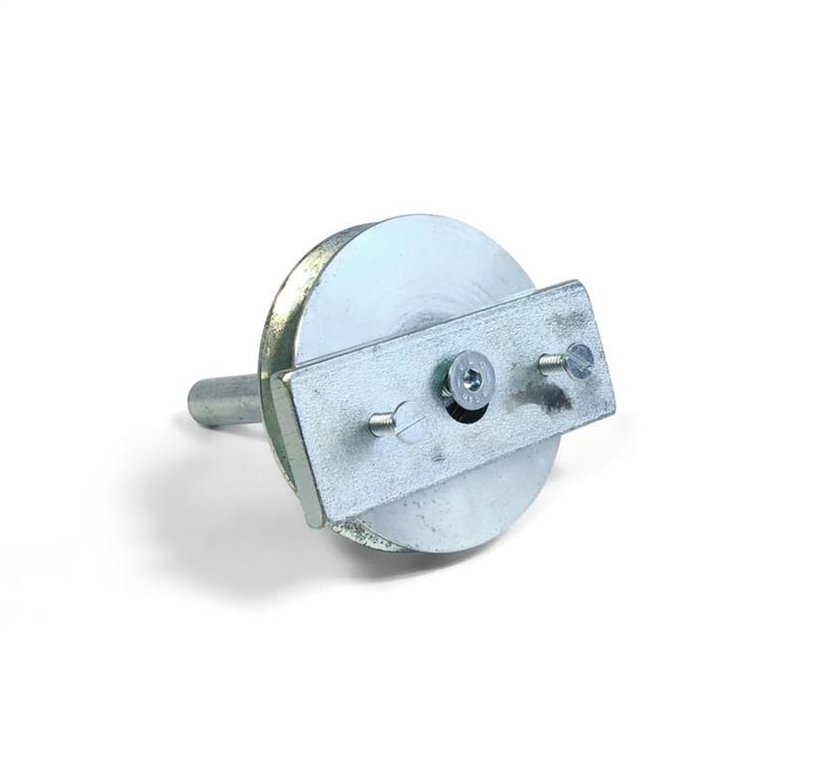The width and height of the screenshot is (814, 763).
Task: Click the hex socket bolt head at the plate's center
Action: tap(466, 378)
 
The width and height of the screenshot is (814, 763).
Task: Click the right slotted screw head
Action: tap(579, 357)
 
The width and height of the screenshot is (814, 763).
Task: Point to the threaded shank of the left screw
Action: tap(382, 426)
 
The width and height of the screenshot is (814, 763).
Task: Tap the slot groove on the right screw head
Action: tap(580, 357)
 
